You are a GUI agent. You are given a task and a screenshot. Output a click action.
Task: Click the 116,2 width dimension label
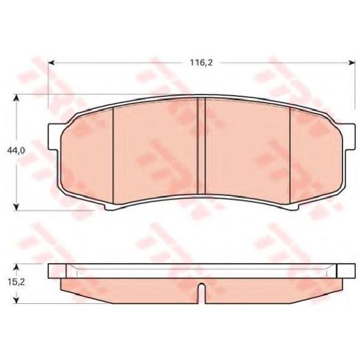[201, 63]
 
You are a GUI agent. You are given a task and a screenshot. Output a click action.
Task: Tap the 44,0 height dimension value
[16, 151]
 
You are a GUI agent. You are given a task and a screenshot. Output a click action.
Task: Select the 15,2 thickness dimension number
[16, 282]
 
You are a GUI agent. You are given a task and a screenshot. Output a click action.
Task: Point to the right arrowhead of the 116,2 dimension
[352, 63]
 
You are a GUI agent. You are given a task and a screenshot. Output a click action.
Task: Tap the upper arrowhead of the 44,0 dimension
[16, 98]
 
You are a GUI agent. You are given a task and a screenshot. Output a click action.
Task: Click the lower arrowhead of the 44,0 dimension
[16, 207]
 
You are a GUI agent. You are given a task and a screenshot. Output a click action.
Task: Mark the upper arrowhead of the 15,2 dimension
[16, 267]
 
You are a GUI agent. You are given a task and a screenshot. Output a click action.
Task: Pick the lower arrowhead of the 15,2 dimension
[16, 300]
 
